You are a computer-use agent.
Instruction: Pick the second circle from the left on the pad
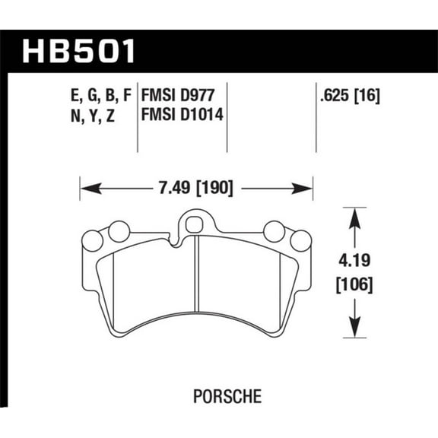[119, 230]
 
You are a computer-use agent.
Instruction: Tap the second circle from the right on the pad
[274, 230]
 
